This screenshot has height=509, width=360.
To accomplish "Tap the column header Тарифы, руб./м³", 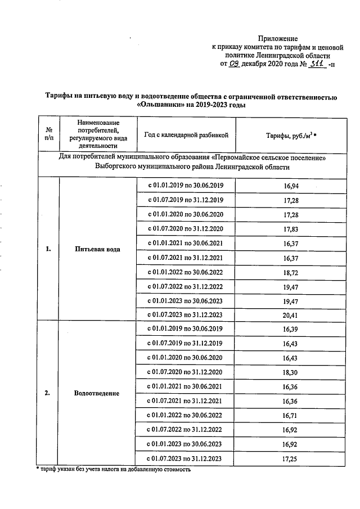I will (x=288, y=135).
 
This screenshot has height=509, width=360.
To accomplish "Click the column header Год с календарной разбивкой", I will (x=186, y=135).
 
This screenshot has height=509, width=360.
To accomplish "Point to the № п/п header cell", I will (x=48, y=134).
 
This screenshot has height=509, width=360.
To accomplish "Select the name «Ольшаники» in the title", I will (x=159, y=105).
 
